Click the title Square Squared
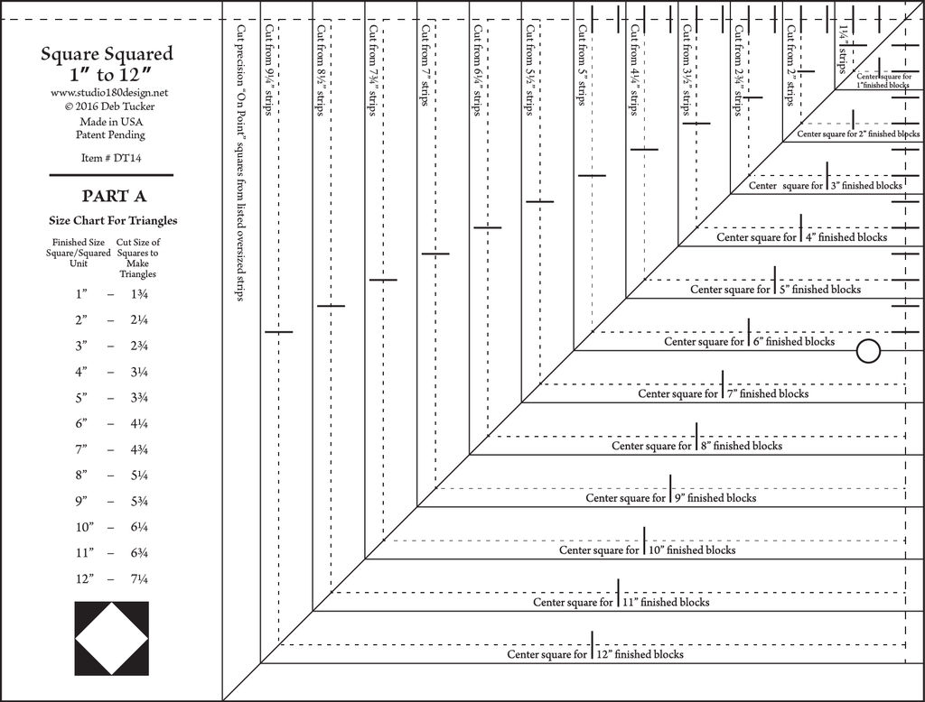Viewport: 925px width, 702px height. [107, 54]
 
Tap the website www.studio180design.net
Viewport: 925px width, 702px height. [109, 93]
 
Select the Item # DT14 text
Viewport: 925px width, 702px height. [111, 158]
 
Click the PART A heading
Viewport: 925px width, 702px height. [114, 196]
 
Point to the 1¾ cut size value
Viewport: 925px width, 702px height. [139, 293]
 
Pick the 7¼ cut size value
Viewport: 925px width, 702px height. [139, 578]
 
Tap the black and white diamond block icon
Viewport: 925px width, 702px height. [111, 638]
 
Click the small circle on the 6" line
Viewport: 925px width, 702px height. [868, 351]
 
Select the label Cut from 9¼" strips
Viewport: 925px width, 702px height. [269, 70]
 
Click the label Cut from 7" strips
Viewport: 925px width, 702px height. [425, 66]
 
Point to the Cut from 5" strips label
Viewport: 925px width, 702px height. [583, 66]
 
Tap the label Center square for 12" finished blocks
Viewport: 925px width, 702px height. [595, 653]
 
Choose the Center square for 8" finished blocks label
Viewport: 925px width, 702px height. [696, 446]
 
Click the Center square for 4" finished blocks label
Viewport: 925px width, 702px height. [802, 237]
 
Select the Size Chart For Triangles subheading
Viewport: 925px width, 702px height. [113, 220]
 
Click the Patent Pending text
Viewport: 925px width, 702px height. [110, 135]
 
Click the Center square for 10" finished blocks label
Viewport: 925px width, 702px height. [647, 550]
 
